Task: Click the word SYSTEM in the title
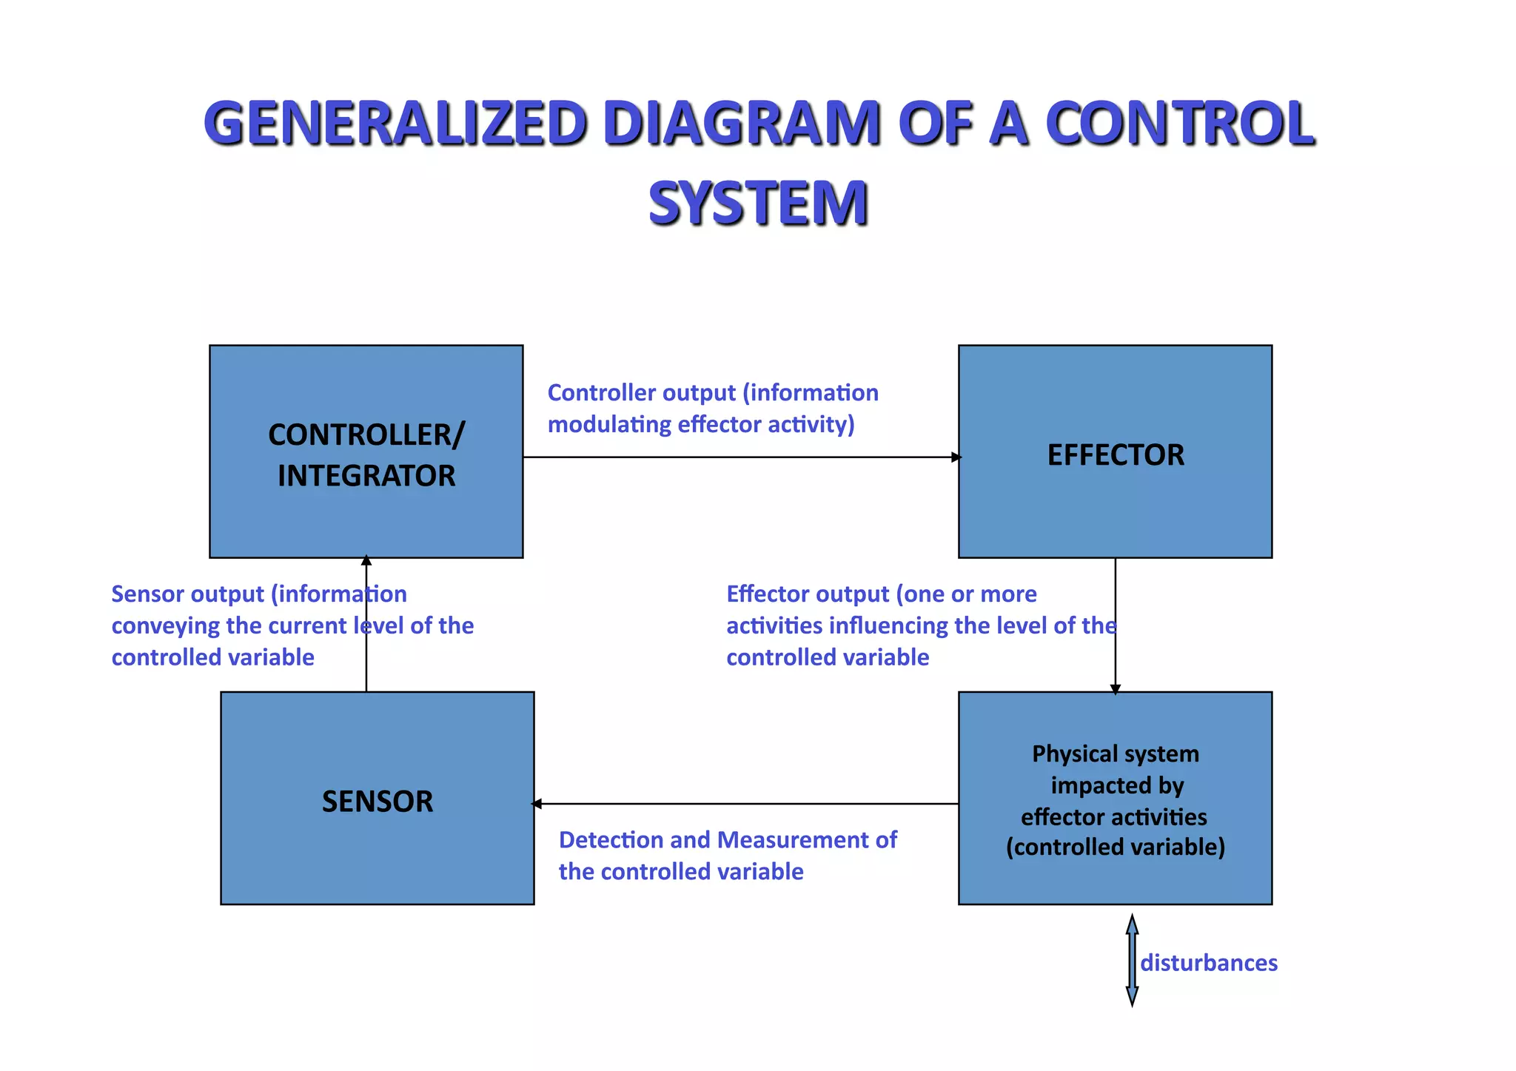758,204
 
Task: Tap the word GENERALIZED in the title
396,123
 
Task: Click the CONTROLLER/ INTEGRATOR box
366,518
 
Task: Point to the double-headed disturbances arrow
1132,960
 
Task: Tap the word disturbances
1209,963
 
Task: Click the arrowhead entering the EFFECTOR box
956,457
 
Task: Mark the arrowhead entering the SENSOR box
537,804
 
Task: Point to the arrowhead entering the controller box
366,561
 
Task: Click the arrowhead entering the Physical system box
1115,689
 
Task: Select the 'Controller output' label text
712,408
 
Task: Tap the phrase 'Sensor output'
187,594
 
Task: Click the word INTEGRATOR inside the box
366,476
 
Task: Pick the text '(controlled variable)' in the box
1115,847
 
